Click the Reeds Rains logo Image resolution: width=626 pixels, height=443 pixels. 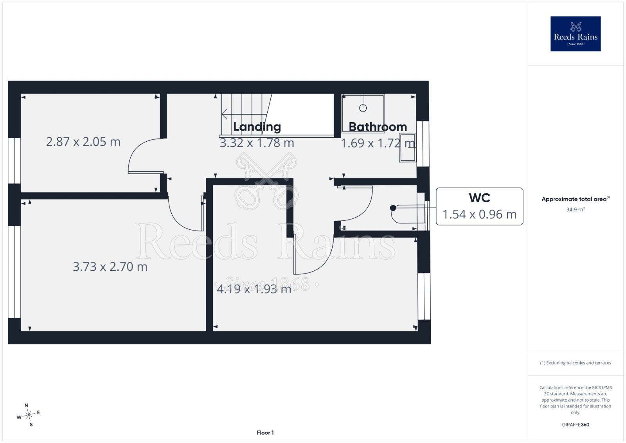[x=576, y=34]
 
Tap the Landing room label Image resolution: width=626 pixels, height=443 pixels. [x=257, y=127]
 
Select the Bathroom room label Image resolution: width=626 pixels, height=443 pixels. [x=378, y=127]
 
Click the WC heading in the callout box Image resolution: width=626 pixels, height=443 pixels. [x=479, y=198]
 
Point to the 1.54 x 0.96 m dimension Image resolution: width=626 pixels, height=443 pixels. [x=479, y=214]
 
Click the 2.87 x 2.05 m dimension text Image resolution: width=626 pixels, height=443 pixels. [x=83, y=142]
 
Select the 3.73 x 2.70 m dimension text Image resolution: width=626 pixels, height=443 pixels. [x=110, y=267]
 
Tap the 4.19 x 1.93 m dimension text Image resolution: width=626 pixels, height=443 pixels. [x=254, y=289]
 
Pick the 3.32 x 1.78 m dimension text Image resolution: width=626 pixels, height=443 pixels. [x=257, y=143]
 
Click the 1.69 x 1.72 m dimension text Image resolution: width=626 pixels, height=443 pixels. [x=378, y=143]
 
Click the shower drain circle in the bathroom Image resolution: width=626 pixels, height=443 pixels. [x=363, y=108]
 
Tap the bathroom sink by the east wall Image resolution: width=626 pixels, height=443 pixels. [x=408, y=148]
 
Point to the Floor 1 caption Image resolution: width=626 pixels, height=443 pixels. [x=265, y=433]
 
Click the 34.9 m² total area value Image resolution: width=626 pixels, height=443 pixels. [x=576, y=209]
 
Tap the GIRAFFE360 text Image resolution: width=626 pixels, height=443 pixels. [x=576, y=425]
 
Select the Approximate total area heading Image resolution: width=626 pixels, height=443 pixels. [x=576, y=199]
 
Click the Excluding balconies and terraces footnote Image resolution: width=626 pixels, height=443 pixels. [x=576, y=363]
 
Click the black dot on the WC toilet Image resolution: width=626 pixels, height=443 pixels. [x=393, y=208]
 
